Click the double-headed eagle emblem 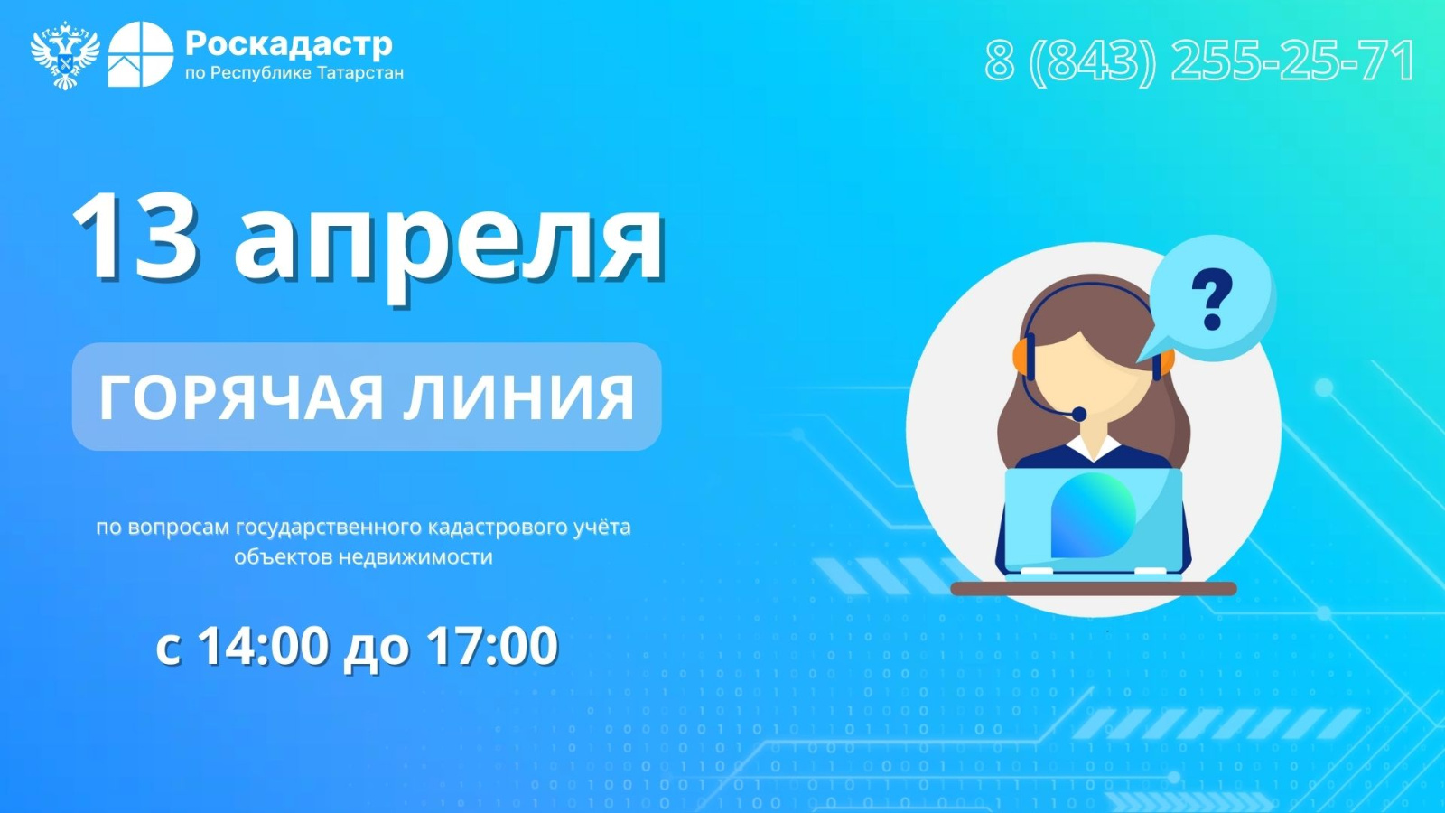(x=65, y=55)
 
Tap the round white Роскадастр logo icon (x=141, y=54)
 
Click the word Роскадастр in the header (x=289, y=44)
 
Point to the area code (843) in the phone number (x=1092, y=61)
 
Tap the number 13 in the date (x=135, y=236)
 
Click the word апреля (x=449, y=246)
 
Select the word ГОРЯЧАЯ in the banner (x=241, y=397)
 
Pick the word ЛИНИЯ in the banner (x=519, y=397)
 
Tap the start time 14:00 (x=263, y=645)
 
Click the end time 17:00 (x=492, y=645)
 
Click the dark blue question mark (x=1212, y=299)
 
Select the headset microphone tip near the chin (x=1078, y=414)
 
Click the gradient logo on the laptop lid (x=1094, y=515)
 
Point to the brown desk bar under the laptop (x=1094, y=588)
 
